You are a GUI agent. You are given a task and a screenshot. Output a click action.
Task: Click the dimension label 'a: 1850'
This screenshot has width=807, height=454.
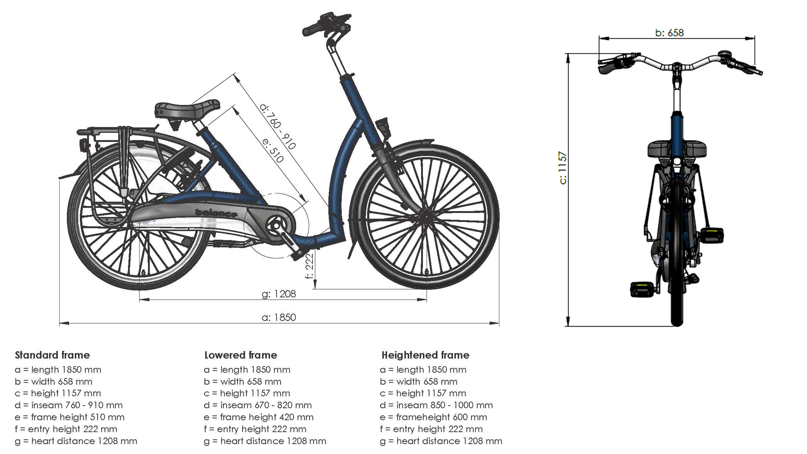(x=279, y=317)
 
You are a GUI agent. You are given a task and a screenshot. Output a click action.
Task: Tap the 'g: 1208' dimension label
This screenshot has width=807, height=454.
(x=279, y=294)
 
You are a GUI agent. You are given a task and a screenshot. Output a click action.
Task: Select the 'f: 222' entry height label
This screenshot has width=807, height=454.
(x=310, y=267)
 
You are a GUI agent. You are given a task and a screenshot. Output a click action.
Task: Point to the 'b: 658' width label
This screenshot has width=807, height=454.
(x=669, y=33)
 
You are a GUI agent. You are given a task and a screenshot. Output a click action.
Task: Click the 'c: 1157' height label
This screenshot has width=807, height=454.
(x=563, y=168)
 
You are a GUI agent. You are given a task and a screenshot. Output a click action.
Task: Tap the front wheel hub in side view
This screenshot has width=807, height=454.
(x=425, y=216)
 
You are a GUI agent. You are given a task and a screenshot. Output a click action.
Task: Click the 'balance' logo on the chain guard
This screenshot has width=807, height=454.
(x=216, y=213)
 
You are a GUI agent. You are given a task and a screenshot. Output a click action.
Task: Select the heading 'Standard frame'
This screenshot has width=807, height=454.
(x=52, y=355)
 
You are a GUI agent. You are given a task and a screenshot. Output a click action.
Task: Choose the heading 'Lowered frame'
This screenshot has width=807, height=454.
(x=240, y=355)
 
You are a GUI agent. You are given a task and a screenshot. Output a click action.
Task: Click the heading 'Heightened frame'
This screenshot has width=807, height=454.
(x=425, y=355)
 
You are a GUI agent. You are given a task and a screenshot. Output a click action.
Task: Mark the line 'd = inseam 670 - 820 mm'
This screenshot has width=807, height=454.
(x=258, y=405)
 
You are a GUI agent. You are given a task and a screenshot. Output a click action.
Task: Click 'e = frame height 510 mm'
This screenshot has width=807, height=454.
(x=69, y=417)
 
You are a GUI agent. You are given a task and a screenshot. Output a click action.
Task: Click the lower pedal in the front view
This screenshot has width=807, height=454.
(x=641, y=289)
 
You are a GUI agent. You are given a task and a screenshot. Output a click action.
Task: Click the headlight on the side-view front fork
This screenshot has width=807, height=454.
(x=383, y=125)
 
